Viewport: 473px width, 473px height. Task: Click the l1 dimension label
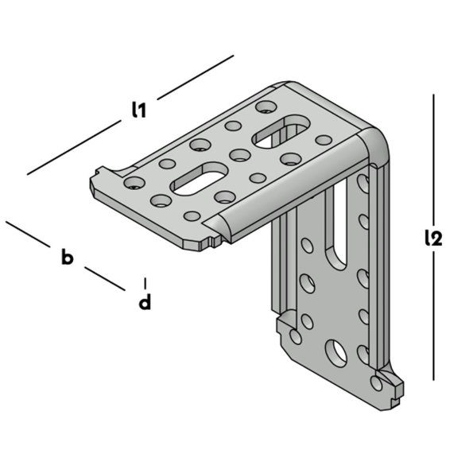tap(138, 111)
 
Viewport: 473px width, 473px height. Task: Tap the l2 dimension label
tap(432, 237)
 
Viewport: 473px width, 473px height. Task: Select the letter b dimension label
tap(68, 257)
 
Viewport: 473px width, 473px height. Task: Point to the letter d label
tap(145, 302)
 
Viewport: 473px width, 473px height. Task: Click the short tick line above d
tap(145, 282)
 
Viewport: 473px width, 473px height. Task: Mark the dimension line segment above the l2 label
tap(433, 159)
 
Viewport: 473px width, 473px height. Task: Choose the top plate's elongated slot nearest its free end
tap(199, 178)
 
